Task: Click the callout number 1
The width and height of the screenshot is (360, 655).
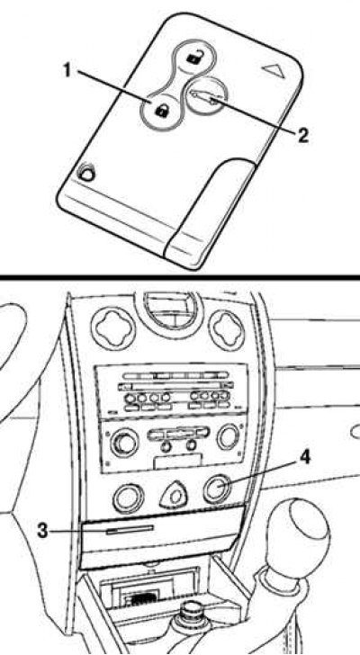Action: [67, 70]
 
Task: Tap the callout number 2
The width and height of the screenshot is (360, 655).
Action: [302, 136]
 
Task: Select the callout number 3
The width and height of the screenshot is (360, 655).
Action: [42, 531]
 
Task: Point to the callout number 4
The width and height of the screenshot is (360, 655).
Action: [305, 457]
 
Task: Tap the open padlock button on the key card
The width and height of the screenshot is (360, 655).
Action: [193, 58]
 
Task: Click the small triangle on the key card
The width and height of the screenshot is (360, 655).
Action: [274, 70]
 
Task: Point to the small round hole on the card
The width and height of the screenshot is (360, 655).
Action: [86, 172]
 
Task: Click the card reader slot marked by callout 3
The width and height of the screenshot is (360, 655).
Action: [130, 531]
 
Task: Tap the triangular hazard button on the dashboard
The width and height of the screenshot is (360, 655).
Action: [174, 496]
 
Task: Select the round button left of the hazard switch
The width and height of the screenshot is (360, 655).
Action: [128, 498]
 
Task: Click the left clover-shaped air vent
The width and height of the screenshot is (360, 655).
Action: [113, 327]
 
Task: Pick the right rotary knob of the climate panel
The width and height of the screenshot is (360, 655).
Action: [229, 436]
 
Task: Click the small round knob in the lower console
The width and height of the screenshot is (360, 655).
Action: [193, 613]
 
